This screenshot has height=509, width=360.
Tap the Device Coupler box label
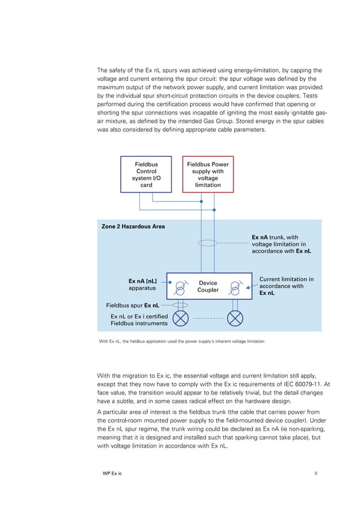[208, 287]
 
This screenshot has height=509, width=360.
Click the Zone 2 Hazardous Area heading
[133, 226]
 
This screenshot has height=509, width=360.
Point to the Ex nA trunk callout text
[281, 244]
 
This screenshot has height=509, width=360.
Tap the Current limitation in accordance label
[286, 286]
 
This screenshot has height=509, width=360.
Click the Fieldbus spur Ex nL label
[132, 305]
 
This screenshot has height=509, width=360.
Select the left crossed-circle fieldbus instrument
[180, 319]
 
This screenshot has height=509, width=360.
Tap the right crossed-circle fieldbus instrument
[235, 319]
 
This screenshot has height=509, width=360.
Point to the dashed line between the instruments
[208, 319]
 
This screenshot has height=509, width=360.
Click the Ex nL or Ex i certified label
[139, 320]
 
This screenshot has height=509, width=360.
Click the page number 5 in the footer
[315, 473]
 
